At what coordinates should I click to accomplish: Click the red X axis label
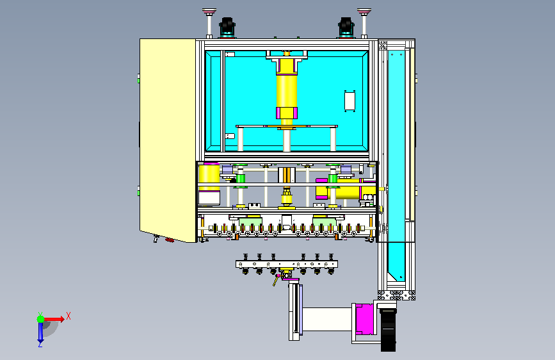click(x=68, y=316)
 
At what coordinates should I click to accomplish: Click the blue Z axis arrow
click(x=40, y=333)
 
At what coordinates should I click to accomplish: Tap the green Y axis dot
click(x=40, y=319)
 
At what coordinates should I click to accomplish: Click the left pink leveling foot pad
click(x=209, y=12)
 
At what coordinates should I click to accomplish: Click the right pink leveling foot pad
click(x=364, y=12)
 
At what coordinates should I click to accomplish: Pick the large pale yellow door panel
click(x=168, y=140)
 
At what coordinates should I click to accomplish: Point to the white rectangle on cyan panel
click(x=350, y=101)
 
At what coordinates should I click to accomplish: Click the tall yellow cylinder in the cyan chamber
click(x=287, y=90)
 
